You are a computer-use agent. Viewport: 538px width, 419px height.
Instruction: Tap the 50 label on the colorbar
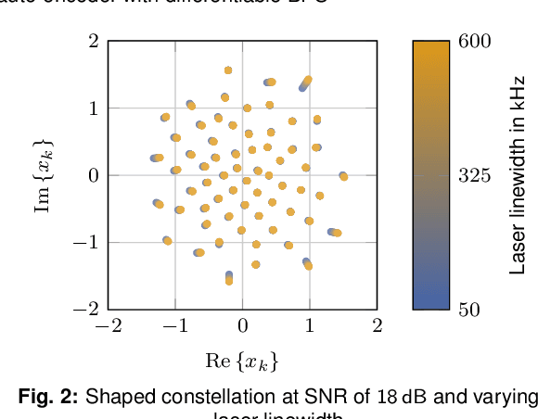pyautogui.click(x=470, y=309)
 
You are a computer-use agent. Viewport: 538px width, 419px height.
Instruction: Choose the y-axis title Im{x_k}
pyautogui.click(x=44, y=175)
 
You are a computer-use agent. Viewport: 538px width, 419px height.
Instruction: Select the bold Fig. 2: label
pyautogui.click(x=49, y=397)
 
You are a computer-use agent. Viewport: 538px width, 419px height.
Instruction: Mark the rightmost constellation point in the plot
pyautogui.click(x=343, y=175)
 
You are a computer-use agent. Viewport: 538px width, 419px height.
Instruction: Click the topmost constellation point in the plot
pyautogui.click(x=228, y=70)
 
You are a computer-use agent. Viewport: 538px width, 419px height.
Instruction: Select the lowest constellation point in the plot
pyautogui.click(x=229, y=280)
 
